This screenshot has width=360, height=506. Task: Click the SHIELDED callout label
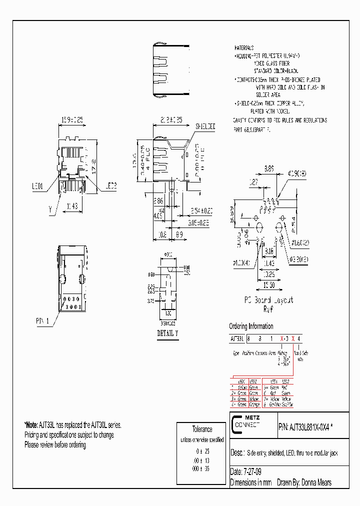[205, 127]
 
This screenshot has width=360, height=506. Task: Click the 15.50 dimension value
[268, 284]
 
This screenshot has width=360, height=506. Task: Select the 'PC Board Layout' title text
[268, 300]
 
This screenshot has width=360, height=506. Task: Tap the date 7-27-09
[251, 471]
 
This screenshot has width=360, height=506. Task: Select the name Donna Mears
[315, 482]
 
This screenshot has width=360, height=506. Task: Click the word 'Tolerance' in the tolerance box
[202, 429]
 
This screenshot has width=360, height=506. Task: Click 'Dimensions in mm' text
[248, 482]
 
